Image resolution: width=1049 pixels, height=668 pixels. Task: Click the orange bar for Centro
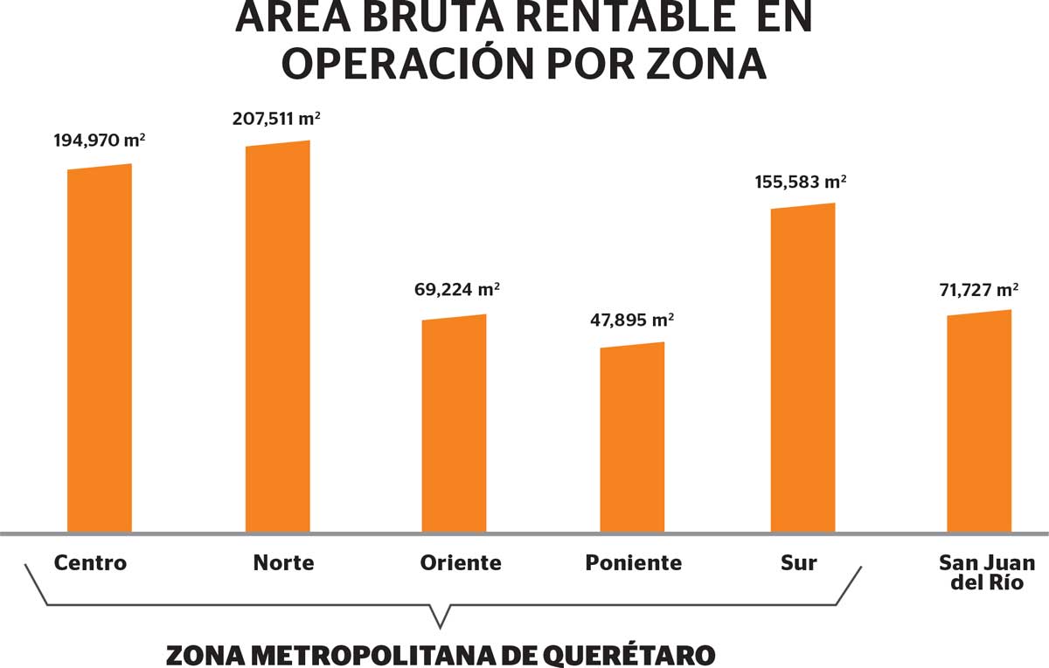pyautogui.click(x=100, y=349)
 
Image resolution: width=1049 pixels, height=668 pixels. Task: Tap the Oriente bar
pyautogui.click(x=454, y=424)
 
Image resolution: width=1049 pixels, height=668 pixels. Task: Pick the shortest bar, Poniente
pyautogui.click(x=632, y=438)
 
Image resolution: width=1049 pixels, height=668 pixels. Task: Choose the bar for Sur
pyautogui.click(x=802, y=369)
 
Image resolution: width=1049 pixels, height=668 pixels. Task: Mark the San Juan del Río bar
pyautogui.click(x=979, y=423)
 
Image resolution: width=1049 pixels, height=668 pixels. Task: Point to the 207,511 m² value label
pyautogui.click(x=276, y=117)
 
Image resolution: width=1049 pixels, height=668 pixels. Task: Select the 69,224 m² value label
pyautogui.click(x=456, y=289)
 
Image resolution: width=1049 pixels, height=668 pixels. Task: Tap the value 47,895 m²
pyautogui.click(x=632, y=320)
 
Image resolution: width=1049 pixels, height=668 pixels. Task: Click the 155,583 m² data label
pyautogui.click(x=801, y=182)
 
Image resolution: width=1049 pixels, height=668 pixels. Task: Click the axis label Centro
pyautogui.click(x=90, y=563)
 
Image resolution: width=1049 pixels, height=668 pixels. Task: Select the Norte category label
pyautogui.click(x=283, y=563)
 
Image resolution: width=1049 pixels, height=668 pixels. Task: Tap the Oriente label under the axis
pyautogui.click(x=460, y=563)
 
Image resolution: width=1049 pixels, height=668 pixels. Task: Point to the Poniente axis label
pyautogui.click(x=634, y=563)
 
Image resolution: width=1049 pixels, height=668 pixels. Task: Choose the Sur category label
pyautogui.click(x=798, y=563)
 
